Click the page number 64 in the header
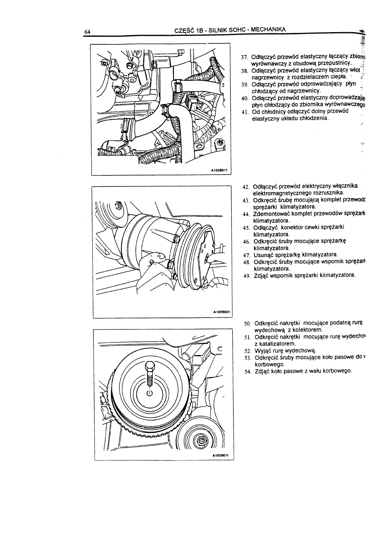tap(88, 31)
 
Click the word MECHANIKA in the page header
tap(268, 29)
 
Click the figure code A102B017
tap(219, 170)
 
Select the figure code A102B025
tap(219, 314)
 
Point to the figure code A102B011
tap(219, 456)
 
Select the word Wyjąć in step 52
tap(262, 351)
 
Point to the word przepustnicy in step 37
tap(332, 63)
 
